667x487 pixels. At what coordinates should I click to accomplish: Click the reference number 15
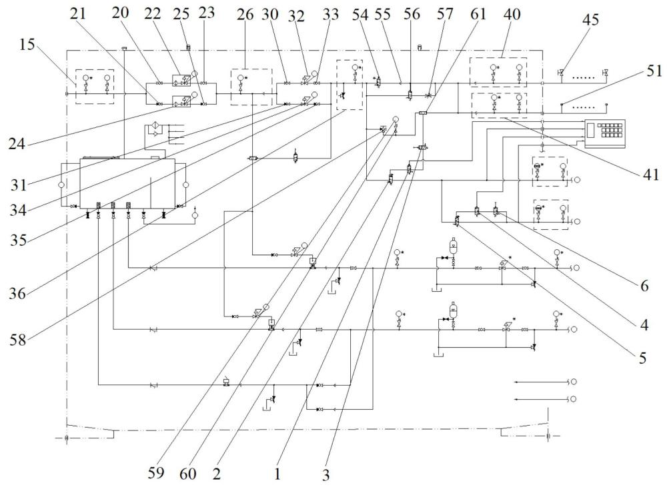click(27, 45)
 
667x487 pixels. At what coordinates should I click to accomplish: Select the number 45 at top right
click(590, 19)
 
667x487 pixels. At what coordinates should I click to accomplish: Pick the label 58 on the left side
click(18, 340)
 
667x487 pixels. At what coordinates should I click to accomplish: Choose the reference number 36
click(18, 293)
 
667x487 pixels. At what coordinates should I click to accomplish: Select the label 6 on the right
click(644, 286)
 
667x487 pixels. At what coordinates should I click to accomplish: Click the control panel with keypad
click(605, 133)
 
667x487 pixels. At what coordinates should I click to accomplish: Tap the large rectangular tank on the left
click(127, 183)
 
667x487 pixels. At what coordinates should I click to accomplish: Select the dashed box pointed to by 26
click(251, 87)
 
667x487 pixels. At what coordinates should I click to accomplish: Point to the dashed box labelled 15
click(95, 86)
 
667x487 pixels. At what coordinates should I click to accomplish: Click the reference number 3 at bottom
click(326, 474)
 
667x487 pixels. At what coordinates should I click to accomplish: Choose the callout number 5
click(642, 358)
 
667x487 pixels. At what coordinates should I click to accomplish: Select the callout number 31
click(18, 185)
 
